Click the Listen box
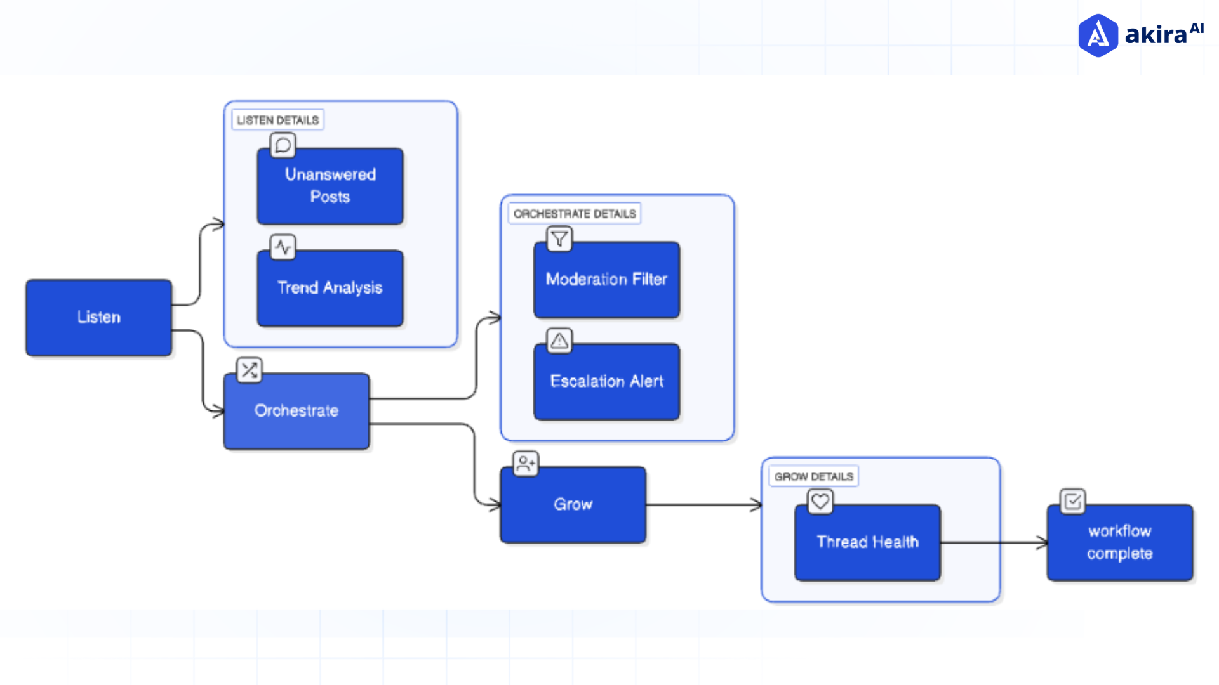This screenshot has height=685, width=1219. [x=98, y=317]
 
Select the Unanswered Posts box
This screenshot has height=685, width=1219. [x=330, y=186]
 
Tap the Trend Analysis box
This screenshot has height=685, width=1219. [x=330, y=288]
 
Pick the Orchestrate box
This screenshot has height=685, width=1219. [x=296, y=411]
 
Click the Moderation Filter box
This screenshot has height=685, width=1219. [x=606, y=280]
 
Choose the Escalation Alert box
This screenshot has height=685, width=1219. [x=606, y=381]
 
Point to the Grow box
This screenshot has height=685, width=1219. [x=573, y=504]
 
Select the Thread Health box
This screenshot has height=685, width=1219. [x=867, y=542]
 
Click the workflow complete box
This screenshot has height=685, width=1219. [x=1119, y=542]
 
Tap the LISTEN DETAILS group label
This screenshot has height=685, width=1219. [x=277, y=120]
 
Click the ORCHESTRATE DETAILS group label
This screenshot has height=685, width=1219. [x=574, y=214]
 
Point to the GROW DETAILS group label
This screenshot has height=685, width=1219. [x=813, y=476]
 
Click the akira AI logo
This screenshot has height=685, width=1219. [x=1140, y=35]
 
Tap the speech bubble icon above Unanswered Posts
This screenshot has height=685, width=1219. [x=283, y=145]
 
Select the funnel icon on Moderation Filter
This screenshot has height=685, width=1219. [x=559, y=239]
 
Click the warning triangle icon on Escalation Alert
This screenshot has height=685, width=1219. [x=559, y=341]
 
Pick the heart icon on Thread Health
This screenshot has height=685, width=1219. [x=820, y=502]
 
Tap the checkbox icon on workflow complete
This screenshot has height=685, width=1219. [x=1072, y=502]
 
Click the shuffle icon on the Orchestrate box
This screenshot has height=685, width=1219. [x=249, y=370]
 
